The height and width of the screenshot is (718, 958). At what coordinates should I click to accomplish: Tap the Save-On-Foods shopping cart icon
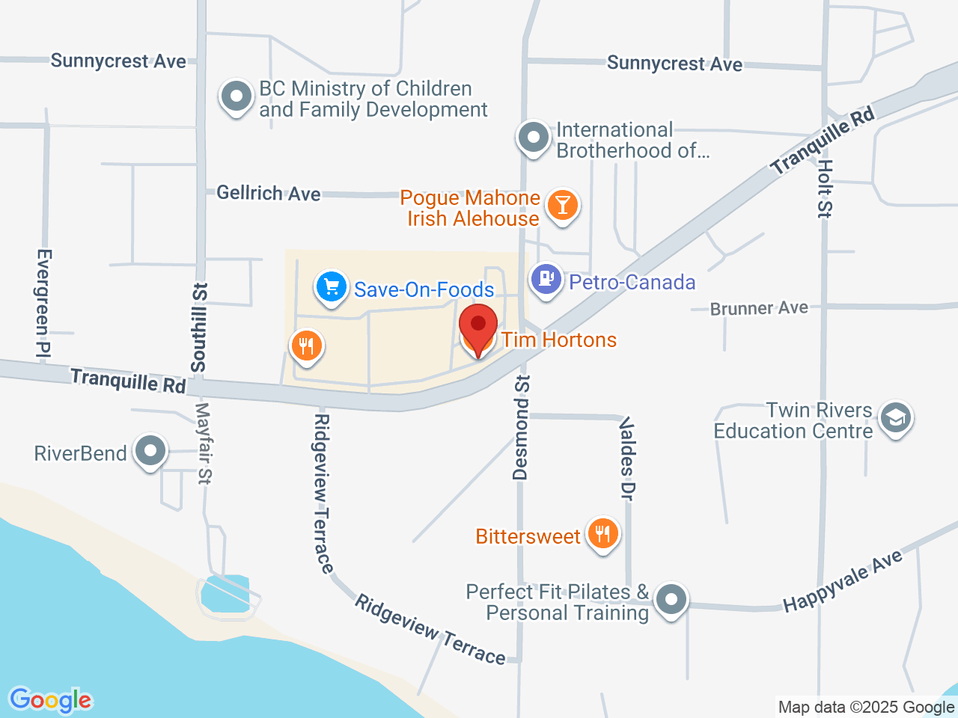point(331,287)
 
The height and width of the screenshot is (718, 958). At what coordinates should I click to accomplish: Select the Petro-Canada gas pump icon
point(546,280)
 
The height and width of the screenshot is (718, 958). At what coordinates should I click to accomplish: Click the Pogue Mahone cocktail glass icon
point(562,204)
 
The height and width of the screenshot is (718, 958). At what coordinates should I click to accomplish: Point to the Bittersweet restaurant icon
point(602,534)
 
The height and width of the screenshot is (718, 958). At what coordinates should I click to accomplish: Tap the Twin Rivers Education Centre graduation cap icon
point(896,418)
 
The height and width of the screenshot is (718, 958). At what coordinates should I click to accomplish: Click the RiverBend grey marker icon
point(150,451)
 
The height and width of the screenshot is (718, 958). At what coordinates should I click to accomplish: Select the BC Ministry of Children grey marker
point(237,96)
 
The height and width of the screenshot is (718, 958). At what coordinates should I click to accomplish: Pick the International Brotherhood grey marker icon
point(534,138)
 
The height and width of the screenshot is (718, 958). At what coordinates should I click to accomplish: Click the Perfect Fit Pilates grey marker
point(671,599)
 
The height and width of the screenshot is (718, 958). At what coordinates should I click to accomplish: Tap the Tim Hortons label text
point(559,340)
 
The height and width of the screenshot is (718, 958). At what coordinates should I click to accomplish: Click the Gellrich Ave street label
point(269,193)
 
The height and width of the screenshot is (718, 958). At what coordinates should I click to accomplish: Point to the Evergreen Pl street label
point(43,302)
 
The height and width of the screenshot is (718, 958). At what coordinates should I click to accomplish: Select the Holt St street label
point(825,188)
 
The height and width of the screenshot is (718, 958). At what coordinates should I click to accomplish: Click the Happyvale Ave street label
point(843,581)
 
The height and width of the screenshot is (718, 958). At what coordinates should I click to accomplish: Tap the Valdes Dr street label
point(627,458)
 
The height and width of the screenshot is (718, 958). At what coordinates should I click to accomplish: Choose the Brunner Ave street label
point(759,308)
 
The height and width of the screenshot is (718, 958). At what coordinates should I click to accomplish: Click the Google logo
point(51,700)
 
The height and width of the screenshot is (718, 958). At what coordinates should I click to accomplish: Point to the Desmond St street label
point(521,427)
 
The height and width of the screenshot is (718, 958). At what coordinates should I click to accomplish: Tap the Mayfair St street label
point(204,444)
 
